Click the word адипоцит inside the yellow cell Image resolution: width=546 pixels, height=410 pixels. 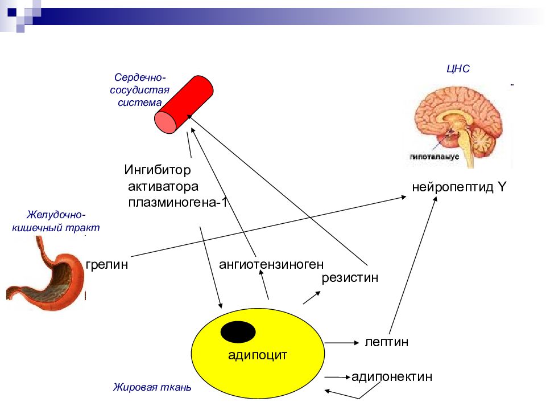257,355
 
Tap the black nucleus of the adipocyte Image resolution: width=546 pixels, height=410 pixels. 238,332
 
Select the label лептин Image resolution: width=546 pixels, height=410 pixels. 387,342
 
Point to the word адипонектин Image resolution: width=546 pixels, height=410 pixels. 392,376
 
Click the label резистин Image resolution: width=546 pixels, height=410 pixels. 350,277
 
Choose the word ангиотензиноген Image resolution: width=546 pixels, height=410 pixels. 271,264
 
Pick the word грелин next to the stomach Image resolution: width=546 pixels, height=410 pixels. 107,265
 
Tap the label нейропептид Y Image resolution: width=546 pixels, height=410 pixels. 459,187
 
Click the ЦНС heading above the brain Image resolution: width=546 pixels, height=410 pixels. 458,68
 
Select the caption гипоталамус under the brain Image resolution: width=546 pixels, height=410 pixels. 434,157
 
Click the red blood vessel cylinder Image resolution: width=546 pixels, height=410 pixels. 184,104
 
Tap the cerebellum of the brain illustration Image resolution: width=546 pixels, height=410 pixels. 483,141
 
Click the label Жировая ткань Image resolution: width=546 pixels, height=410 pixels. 152,387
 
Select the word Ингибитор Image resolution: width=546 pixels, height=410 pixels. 158,170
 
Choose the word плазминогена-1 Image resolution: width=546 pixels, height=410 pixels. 177,203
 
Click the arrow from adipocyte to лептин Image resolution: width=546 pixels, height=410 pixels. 342,343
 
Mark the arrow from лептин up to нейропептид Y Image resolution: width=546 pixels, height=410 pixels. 413,265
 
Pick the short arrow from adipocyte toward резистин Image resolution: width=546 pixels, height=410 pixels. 312,298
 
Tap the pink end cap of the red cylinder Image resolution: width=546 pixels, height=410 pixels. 166,122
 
